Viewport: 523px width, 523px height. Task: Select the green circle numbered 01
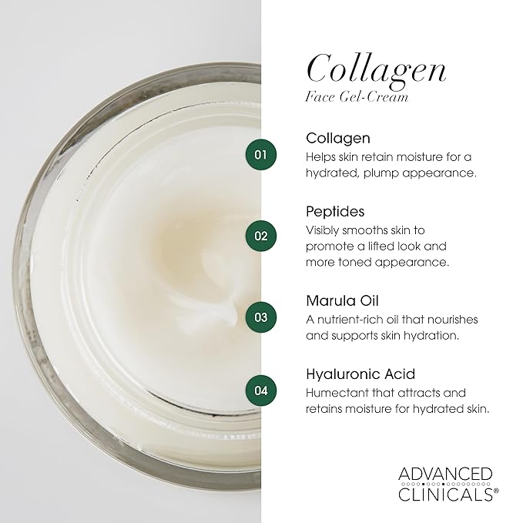261,155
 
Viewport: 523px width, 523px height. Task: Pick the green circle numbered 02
261,235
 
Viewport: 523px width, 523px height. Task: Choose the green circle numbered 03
261,316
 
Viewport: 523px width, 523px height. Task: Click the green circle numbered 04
261,390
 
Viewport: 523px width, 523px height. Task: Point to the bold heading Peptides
335,211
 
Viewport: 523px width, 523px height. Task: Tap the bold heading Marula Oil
342,300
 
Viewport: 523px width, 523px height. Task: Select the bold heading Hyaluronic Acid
360,374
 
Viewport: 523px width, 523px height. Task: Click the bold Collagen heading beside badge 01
338,139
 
